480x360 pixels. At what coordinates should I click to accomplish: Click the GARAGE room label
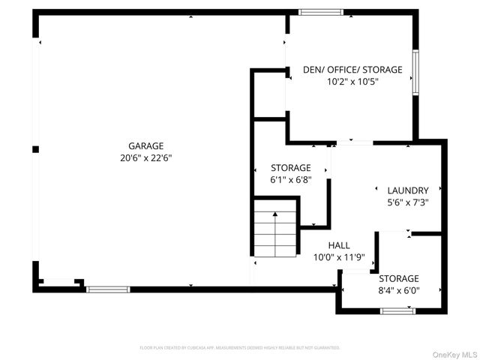pos(145,145)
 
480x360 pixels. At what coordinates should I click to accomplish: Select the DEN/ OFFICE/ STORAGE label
pos(352,70)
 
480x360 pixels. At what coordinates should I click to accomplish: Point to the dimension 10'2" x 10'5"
pos(352,82)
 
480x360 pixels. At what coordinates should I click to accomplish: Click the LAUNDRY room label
pos(407,190)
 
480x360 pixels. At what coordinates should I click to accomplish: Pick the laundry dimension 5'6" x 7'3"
pos(407,202)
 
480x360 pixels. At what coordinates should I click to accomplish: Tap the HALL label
pos(339,245)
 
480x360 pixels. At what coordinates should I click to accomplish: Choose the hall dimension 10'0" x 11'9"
pos(339,257)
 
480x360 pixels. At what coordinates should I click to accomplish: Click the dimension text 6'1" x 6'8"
pos(290,180)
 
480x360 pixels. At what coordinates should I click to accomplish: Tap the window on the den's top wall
pos(321,12)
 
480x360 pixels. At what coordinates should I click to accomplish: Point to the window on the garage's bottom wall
pos(107,289)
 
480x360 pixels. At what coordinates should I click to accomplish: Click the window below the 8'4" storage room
pos(397,310)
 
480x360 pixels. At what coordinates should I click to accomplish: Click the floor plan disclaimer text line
pos(240,348)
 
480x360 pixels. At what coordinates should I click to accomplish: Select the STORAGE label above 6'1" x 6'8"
pos(290,168)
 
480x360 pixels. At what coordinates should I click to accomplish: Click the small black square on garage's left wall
pos(35,149)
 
